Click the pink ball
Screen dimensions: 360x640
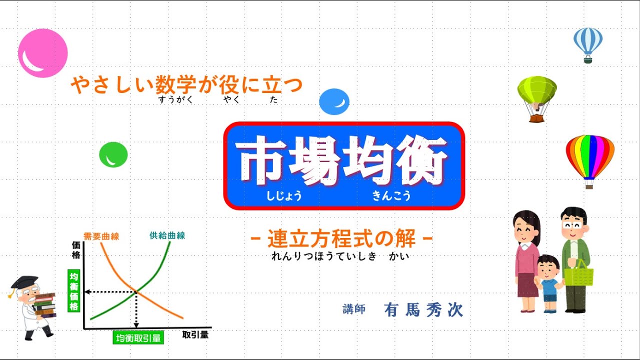pyautogui.click(x=42, y=53)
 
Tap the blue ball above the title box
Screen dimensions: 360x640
pyautogui.click(x=334, y=101)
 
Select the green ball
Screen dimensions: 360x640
pyautogui.click(x=113, y=154)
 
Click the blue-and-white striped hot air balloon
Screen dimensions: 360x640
pyautogui.click(x=588, y=42)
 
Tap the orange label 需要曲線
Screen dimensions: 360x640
pyautogui.click(x=101, y=236)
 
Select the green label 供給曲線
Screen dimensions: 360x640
pyautogui.click(x=167, y=235)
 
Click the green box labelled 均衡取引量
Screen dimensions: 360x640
pyautogui.click(x=138, y=338)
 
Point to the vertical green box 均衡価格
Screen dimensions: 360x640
pyautogui.click(x=74, y=291)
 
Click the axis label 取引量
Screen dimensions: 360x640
pyautogui.click(x=195, y=334)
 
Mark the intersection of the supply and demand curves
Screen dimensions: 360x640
pyautogui.click(x=136, y=291)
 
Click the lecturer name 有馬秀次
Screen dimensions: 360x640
pyautogui.click(x=423, y=310)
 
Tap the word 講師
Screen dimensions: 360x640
pyautogui.click(x=353, y=309)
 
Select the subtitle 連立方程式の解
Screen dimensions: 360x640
pyautogui.click(x=341, y=239)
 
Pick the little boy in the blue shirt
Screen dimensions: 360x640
pyautogui.click(x=549, y=282)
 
